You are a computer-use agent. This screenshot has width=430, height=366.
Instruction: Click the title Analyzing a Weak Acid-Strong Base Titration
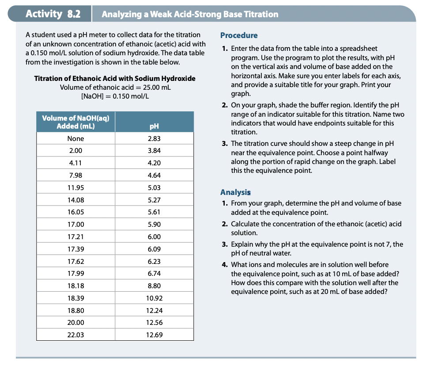[x=190, y=14]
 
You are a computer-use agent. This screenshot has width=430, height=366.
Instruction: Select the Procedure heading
[x=238, y=35]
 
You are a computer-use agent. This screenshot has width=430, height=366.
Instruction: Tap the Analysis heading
[x=235, y=192]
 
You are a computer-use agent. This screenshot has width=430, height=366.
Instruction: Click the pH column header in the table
[x=154, y=126]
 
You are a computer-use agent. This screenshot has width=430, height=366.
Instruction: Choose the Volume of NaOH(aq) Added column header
[x=75, y=122]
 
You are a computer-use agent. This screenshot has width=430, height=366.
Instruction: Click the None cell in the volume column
[x=75, y=139]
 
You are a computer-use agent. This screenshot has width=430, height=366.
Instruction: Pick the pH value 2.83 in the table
[x=154, y=139]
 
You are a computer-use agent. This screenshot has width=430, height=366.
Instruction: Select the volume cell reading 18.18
[x=75, y=286]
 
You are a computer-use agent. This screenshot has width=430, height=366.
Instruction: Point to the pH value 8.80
[x=154, y=286]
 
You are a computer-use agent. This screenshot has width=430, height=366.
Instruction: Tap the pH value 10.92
[x=154, y=298]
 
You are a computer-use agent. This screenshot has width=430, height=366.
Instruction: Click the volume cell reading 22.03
[x=75, y=335]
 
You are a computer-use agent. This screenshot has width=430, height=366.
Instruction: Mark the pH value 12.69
[x=154, y=335]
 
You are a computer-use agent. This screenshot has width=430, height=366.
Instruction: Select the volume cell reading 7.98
[x=75, y=175]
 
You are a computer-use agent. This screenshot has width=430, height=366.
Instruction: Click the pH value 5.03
[x=154, y=188]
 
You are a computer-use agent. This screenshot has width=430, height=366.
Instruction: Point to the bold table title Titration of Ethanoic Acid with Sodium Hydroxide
[x=115, y=78]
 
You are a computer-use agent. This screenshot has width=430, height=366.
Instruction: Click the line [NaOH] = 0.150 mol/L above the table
[x=115, y=96]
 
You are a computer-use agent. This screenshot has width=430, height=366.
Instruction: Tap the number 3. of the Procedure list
[x=224, y=144]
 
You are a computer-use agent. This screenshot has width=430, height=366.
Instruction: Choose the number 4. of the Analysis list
[x=224, y=265]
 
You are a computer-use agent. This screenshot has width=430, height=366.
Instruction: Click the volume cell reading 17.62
[x=75, y=261]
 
